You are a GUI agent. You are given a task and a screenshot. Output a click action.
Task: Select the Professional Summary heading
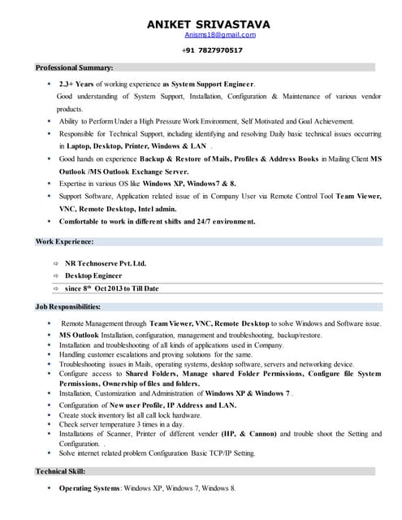pyautogui.click(x=74, y=67)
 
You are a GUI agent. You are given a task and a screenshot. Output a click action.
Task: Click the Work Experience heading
pyautogui.click(x=65, y=241)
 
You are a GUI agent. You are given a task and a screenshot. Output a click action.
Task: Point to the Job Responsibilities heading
pyautogui.click(x=67, y=307)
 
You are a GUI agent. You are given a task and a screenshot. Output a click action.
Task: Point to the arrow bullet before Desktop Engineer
pyautogui.click(x=54, y=275)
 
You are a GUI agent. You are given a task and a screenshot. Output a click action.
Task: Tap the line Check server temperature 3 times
pyautogui.click(x=122, y=424)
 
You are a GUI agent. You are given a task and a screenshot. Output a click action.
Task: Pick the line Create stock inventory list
pyautogui.click(x=130, y=414)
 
